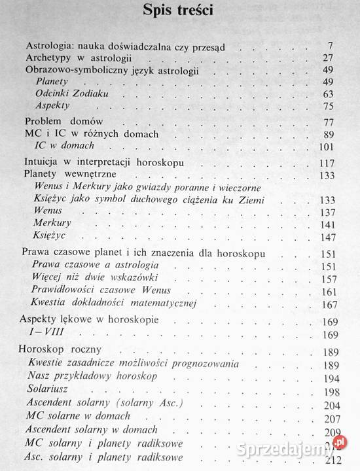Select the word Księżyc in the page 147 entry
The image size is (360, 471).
(50, 234)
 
